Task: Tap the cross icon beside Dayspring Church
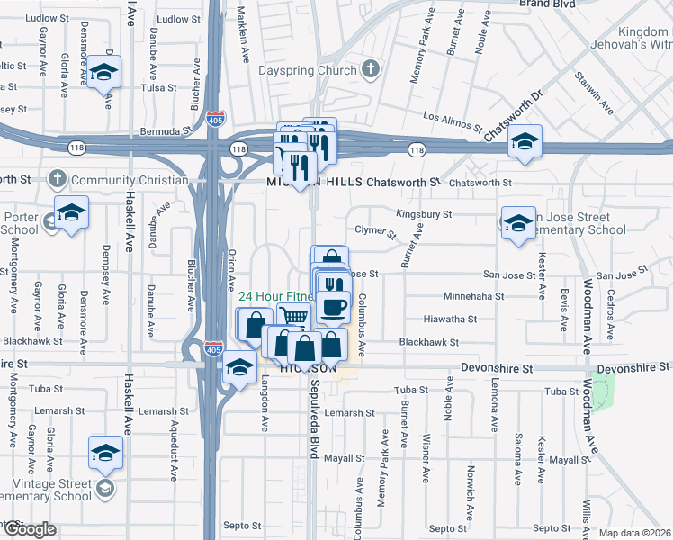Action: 370,69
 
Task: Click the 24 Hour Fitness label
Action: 275,296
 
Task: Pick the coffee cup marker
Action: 333,307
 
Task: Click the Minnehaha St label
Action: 474,296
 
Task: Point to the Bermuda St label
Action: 173,131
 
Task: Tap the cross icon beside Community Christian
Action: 58,180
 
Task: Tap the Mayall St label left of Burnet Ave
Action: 345,458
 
